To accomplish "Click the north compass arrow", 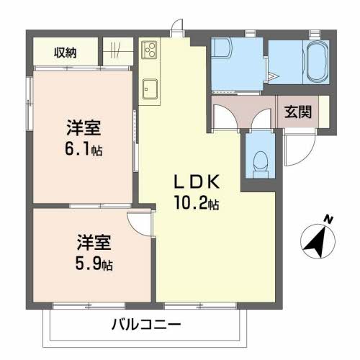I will point(315,240).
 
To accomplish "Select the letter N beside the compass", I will point(328,219).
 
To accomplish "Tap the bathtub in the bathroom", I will point(316,63).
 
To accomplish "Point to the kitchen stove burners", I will point(151,50).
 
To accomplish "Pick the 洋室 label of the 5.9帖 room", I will point(94,242).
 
